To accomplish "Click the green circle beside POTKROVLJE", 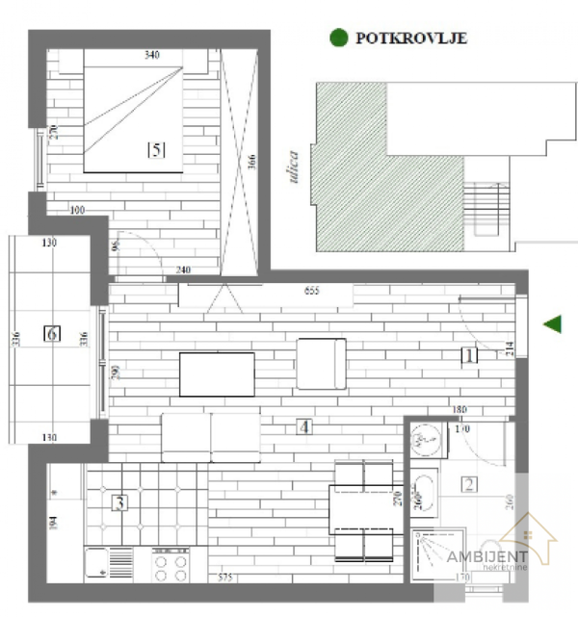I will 338,39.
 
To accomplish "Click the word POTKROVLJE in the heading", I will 411,39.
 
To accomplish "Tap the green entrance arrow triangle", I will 552,324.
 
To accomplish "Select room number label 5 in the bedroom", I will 155,149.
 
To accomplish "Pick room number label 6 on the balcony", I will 53,334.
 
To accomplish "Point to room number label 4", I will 303,426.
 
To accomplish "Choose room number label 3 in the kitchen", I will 119,501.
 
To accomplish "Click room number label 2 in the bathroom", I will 469,485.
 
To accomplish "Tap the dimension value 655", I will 312,290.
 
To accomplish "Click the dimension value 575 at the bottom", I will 225,578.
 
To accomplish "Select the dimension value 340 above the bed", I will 150,56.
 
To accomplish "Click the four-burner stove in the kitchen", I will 171,565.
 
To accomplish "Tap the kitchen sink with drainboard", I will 109,564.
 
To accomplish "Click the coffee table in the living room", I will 217,373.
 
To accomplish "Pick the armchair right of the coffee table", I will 321,363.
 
